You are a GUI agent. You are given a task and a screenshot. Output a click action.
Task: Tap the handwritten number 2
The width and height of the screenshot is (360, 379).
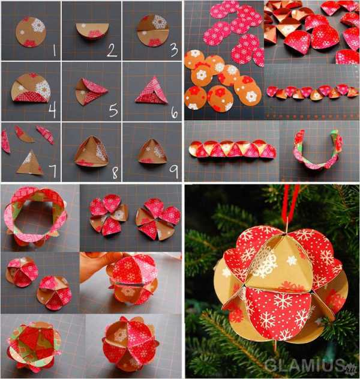click(x=112, y=50)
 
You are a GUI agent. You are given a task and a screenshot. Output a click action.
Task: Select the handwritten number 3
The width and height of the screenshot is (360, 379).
click(x=174, y=50)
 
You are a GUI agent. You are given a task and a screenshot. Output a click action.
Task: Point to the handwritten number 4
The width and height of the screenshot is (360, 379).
click(x=52, y=111)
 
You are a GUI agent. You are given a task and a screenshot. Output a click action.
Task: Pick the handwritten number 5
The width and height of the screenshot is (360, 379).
click(x=113, y=111)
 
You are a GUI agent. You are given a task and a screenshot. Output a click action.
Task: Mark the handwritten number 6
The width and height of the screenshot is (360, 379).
click(x=175, y=113)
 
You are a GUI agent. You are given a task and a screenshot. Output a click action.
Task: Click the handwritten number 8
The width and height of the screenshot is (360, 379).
click(x=115, y=173)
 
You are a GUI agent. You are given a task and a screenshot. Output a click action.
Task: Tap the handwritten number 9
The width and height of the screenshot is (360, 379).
click(x=173, y=172)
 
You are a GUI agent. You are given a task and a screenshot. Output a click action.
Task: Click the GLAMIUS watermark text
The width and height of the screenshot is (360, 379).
click(x=307, y=365)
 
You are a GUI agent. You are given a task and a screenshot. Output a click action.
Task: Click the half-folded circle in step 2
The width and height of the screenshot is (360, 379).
click(x=92, y=30)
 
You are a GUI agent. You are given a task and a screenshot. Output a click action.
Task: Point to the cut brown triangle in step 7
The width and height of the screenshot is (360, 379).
click(x=30, y=163)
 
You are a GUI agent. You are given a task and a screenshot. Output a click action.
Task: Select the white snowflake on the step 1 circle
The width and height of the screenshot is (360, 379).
click(x=38, y=25)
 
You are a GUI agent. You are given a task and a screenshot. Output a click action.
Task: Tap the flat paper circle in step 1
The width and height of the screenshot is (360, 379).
click(x=31, y=32)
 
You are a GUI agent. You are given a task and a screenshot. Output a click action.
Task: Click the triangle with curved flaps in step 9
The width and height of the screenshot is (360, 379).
click(x=151, y=151)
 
